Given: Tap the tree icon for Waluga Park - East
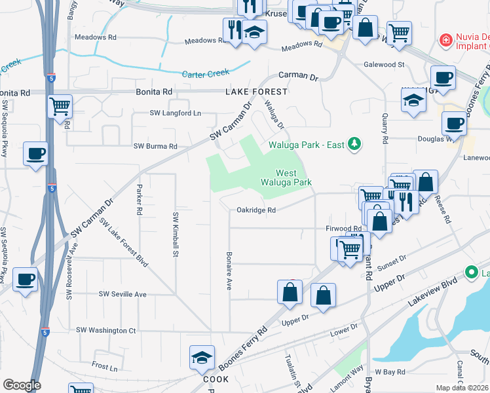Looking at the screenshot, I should coord(354,143).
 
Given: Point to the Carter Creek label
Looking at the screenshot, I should coord(206,73).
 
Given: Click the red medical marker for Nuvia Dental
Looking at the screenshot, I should coord(445,41).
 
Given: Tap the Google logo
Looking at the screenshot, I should coord(22,384).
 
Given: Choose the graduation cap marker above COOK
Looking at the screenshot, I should coord(202,358).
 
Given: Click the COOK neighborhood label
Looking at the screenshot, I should coord(216,379).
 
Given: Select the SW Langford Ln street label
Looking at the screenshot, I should coord(175,113).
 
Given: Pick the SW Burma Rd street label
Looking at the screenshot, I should coord(155,146).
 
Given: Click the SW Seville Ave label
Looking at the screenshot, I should coord(122,294).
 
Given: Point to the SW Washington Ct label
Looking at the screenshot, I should coord(106,330).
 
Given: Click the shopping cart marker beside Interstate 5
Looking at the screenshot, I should coord(60,105).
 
